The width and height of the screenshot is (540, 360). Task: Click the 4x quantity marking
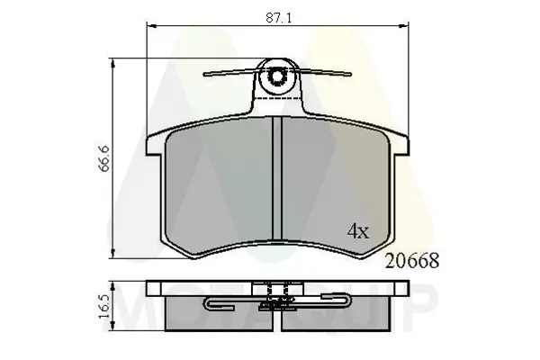tap(358, 231)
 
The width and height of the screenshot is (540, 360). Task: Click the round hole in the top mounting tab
tap(277, 80)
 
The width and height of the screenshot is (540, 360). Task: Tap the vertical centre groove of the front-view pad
tap(277, 180)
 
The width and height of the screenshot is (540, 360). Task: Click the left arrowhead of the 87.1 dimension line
tap(150, 28)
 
